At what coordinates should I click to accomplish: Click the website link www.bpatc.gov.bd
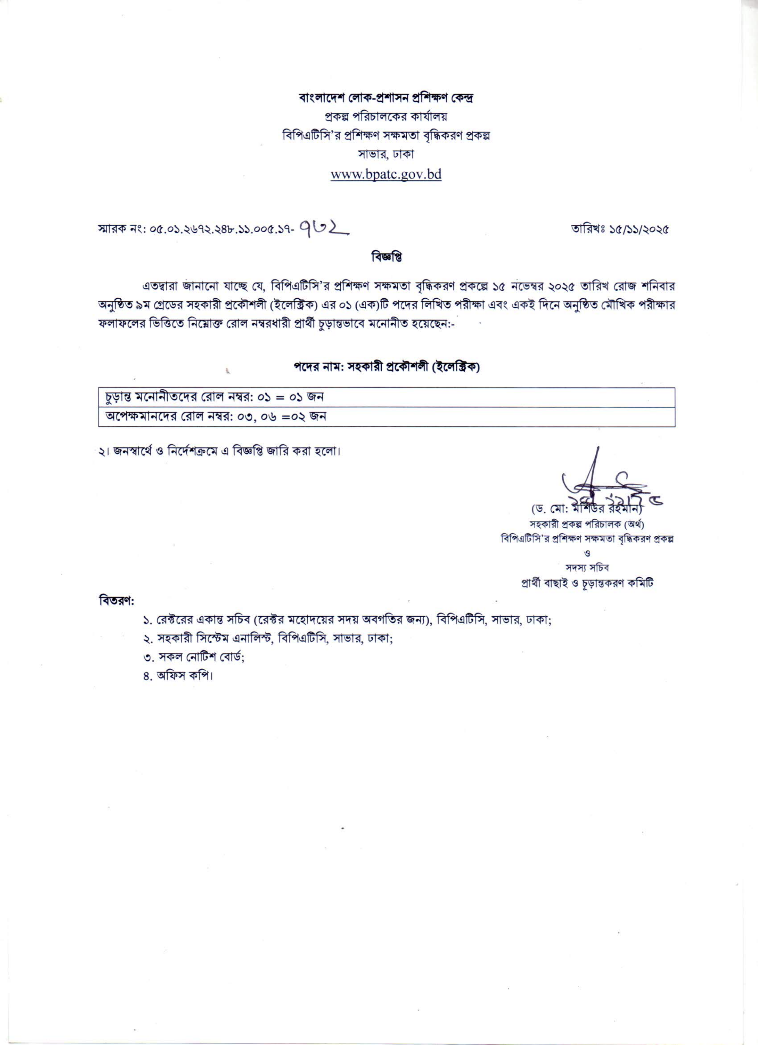coord(386,175)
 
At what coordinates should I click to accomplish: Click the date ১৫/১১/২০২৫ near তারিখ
coord(638,229)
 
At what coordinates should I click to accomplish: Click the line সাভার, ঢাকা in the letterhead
coord(386,154)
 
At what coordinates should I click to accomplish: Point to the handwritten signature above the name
coord(599,484)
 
